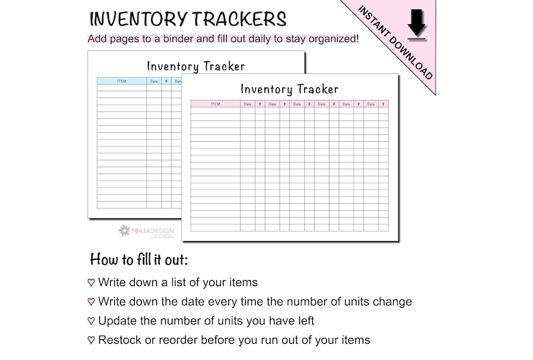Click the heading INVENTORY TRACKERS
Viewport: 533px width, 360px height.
187,19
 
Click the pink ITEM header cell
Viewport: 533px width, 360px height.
215,104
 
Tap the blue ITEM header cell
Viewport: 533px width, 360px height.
122,81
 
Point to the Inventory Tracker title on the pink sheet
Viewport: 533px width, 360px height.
289,89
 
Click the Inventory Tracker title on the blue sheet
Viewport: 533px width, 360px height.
195,66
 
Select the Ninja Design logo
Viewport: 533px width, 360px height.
146,231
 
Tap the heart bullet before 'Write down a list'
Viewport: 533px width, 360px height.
91,283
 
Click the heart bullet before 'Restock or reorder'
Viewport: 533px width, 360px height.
91,341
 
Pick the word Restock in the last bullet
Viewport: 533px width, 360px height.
119,340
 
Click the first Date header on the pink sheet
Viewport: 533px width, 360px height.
248,104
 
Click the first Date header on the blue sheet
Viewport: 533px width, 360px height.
154,81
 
